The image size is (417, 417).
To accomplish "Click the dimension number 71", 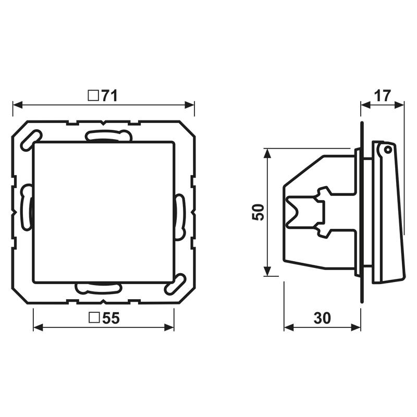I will [x=109, y=95].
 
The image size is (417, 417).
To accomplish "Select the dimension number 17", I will [x=382, y=95].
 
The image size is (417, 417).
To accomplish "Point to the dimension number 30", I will [x=323, y=318].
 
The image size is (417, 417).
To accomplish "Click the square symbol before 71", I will [x=93, y=95].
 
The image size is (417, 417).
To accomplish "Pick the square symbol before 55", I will [x=94, y=318].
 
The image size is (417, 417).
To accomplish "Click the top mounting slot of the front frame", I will [x=108, y=136].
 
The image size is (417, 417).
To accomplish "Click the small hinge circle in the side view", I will [x=387, y=150].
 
